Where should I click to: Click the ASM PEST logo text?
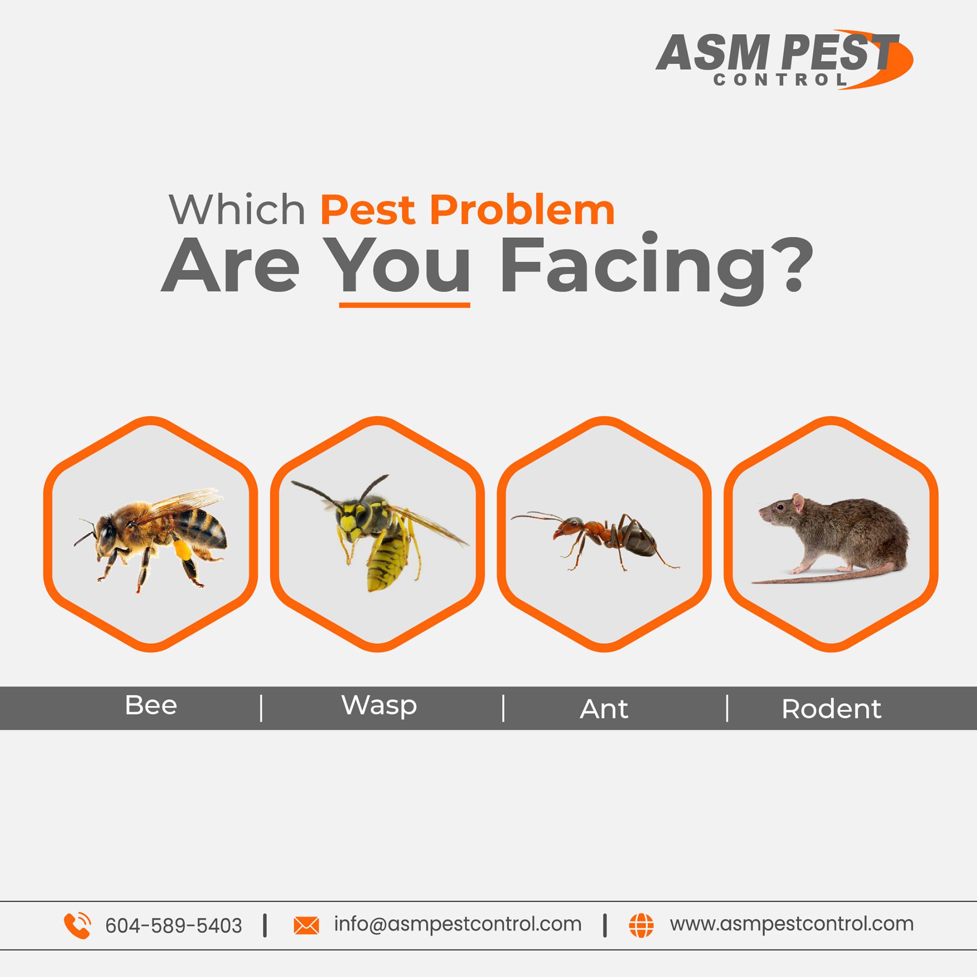tap(777, 52)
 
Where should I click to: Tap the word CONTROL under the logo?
tap(780, 80)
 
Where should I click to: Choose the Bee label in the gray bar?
tap(151, 705)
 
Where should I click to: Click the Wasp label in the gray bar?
tap(379, 706)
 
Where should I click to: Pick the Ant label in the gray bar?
tap(604, 708)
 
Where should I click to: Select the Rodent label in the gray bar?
tap(831, 708)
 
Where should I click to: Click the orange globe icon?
tap(641, 925)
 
